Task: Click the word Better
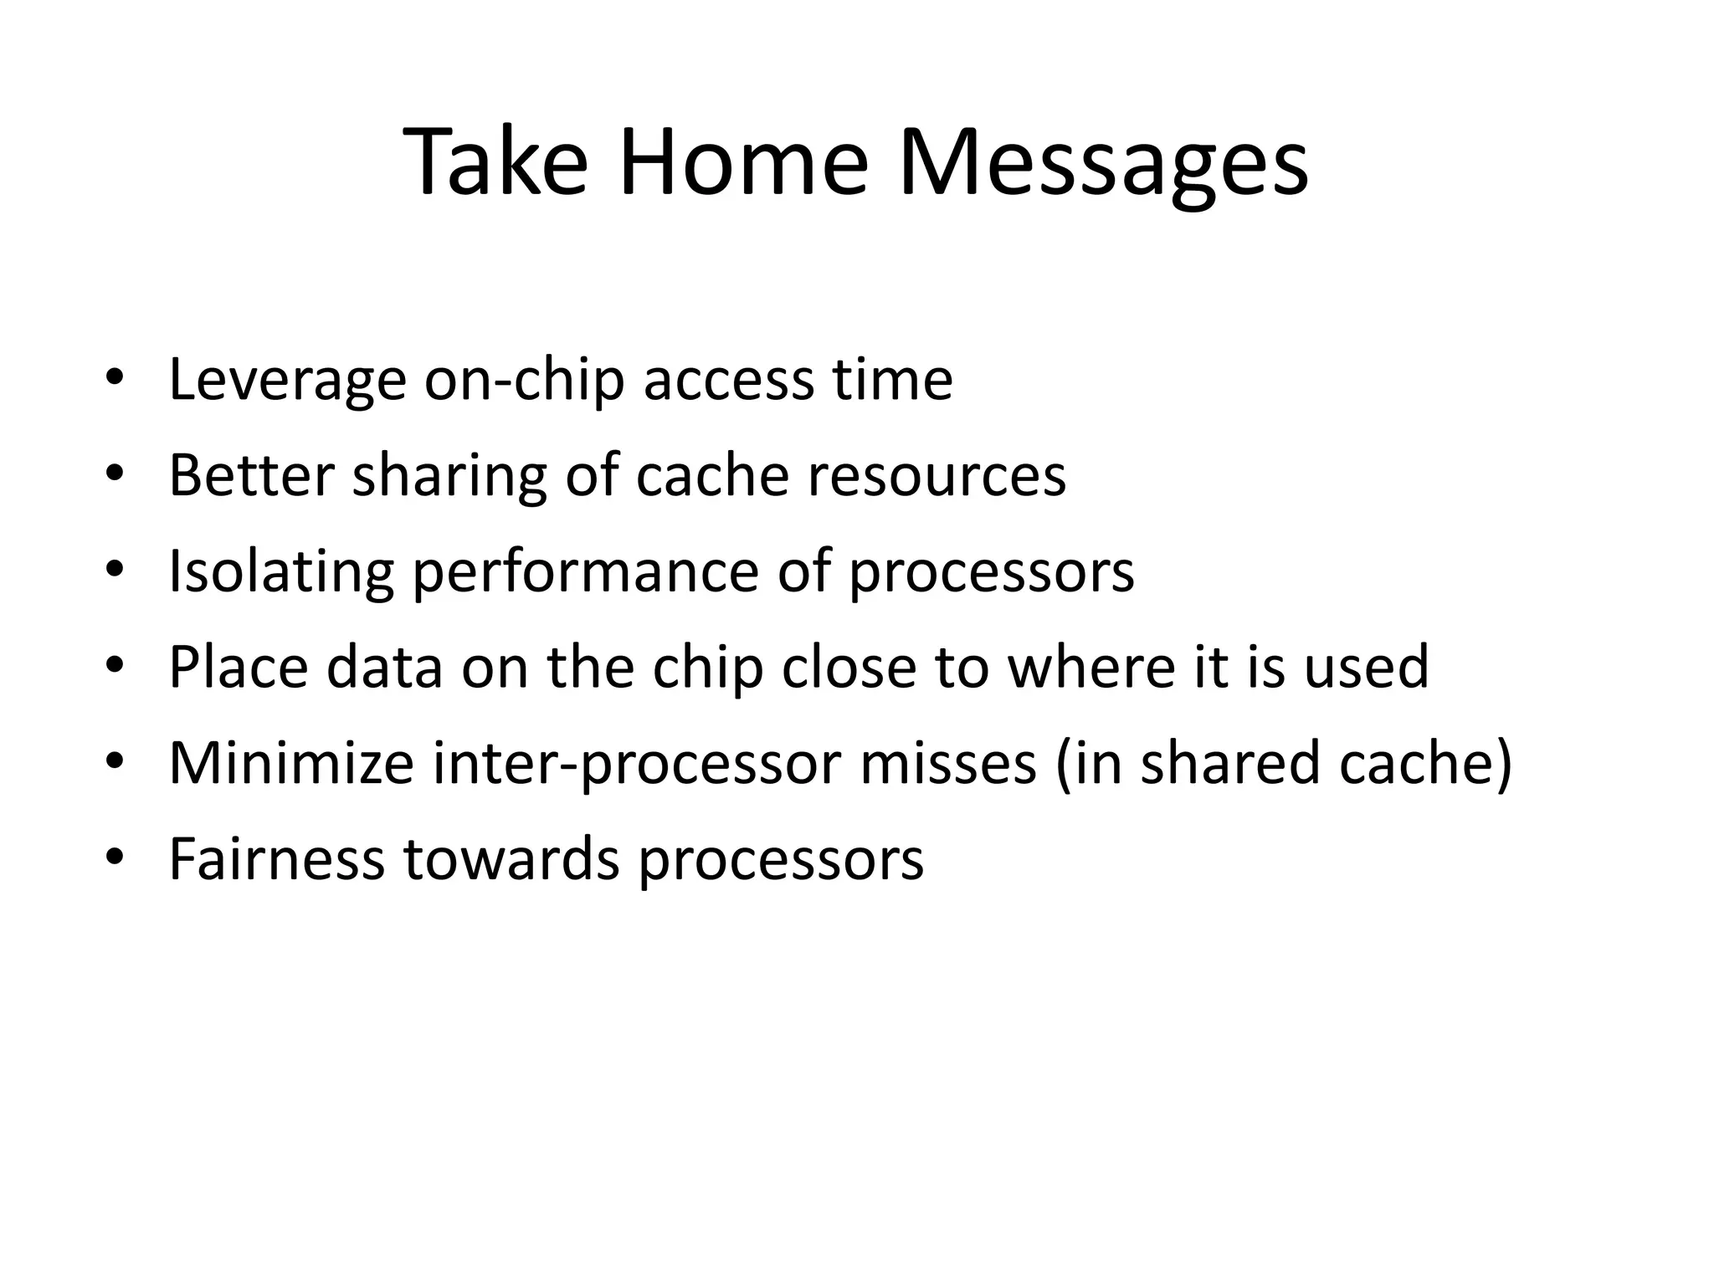click(x=251, y=475)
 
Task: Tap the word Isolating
click(x=281, y=571)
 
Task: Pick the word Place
click(x=238, y=668)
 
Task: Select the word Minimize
click(x=291, y=763)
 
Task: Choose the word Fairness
click(x=276, y=859)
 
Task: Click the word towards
click(x=511, y=859)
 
